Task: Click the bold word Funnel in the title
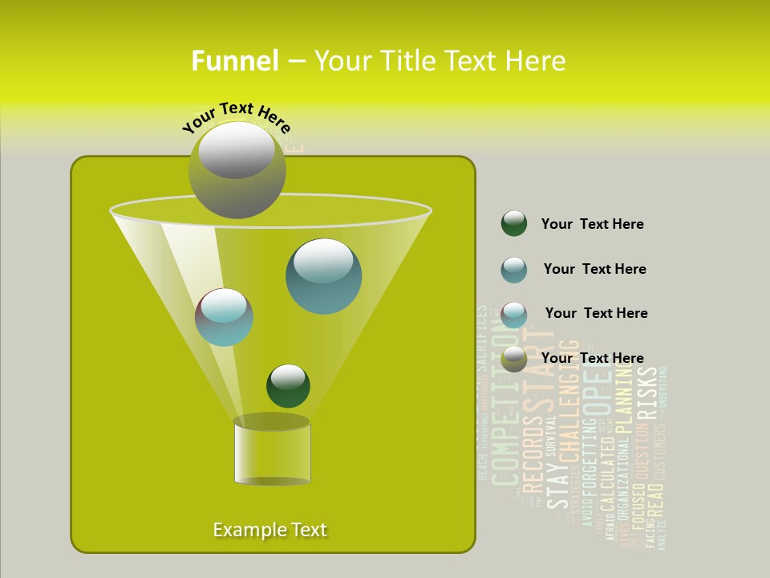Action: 235,61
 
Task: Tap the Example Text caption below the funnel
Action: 270,530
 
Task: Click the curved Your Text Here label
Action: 237,117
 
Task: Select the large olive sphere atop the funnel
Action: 237,169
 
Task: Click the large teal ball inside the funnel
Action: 323,276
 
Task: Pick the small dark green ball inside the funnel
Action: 288,385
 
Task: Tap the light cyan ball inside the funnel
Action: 224,317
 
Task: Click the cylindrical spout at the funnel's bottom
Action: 272,452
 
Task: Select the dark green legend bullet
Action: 514,224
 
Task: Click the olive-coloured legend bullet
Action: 514,359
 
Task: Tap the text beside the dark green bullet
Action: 592,224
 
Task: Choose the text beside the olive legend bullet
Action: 592,358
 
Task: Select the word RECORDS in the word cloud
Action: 533,454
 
